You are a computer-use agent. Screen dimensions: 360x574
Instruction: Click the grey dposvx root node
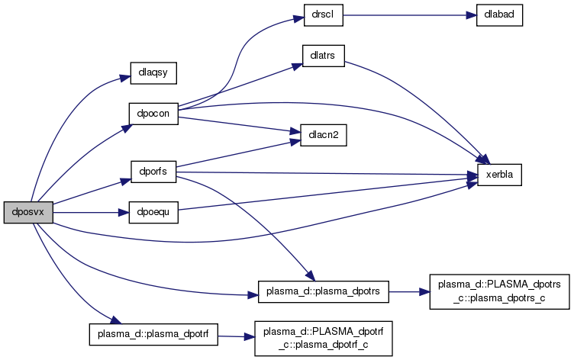pos(28,212)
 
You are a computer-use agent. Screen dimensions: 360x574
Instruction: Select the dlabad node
pos(499,16)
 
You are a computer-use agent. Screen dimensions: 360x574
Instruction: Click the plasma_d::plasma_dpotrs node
pos(324,291)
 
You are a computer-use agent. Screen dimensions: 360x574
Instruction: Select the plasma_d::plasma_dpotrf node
pos(153,333)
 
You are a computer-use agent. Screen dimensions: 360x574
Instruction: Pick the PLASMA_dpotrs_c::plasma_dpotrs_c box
pos(499,291)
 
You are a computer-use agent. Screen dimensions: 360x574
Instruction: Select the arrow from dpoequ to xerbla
pos(321,195)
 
